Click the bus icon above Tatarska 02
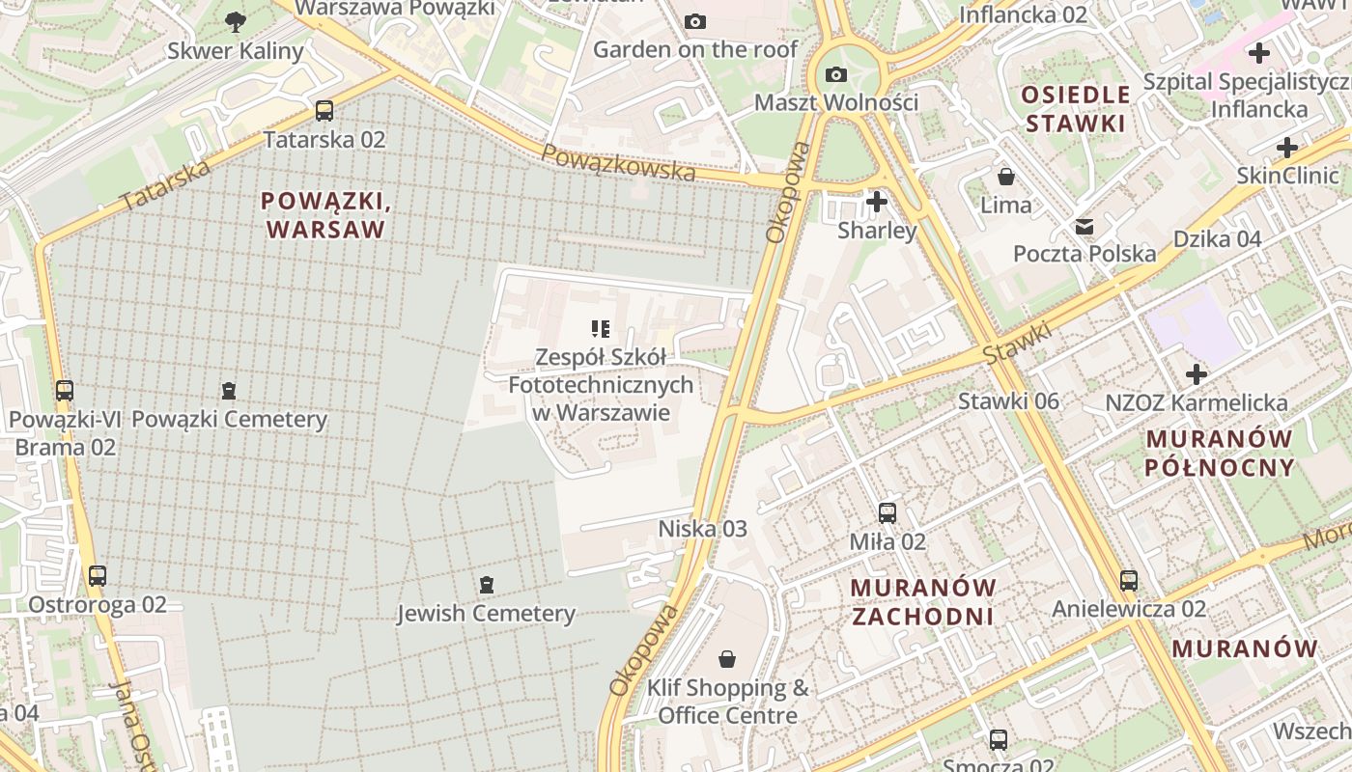[324, 111]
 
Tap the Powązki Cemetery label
[229, 420]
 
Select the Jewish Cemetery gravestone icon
[486, 584]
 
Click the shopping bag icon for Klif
[727, 659]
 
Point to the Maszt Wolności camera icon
[836, 74]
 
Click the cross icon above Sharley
[877, 202]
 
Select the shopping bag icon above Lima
[1006, 177]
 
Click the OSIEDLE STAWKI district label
[1076, 109]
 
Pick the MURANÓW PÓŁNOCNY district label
[1219, 454]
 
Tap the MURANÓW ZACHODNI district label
[922, 602]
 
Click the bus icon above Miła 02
[887, 513]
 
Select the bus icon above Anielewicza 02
[1129, 581]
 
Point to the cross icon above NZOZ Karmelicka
[1197, 374]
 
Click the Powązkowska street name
[617, 162]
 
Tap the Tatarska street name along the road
[165, 186]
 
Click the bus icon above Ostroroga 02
[98, 576]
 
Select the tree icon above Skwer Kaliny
[235, 21]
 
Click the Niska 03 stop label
[702, 529]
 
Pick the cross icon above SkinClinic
[1287, 148]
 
